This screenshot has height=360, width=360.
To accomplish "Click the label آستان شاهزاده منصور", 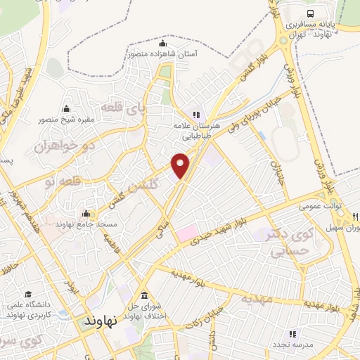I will point(162,53).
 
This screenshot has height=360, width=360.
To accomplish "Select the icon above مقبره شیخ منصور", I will point(66,108).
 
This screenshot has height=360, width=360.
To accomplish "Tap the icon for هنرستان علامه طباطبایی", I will point(196,114).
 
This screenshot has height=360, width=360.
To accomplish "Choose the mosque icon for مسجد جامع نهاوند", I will point(86,214).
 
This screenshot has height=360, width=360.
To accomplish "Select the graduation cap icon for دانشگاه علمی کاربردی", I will point(27,295).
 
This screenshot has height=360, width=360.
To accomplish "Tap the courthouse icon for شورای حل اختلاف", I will point(144,295).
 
